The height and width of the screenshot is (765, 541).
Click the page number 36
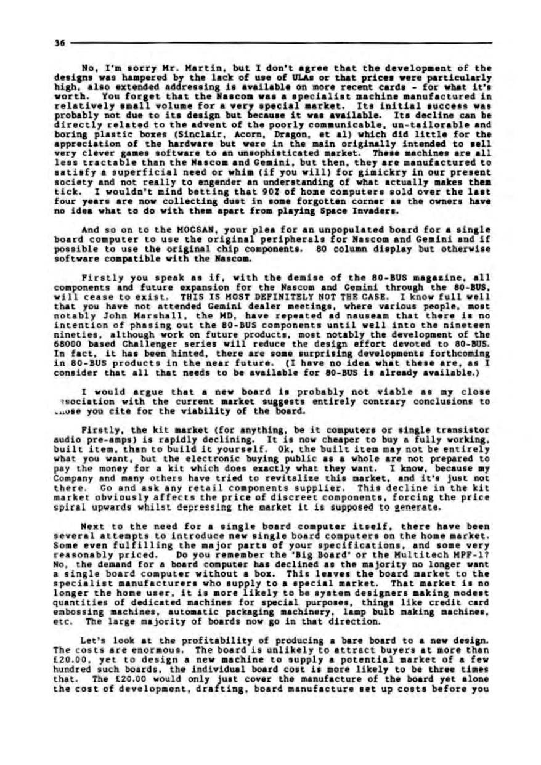click(x=56, y=43)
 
